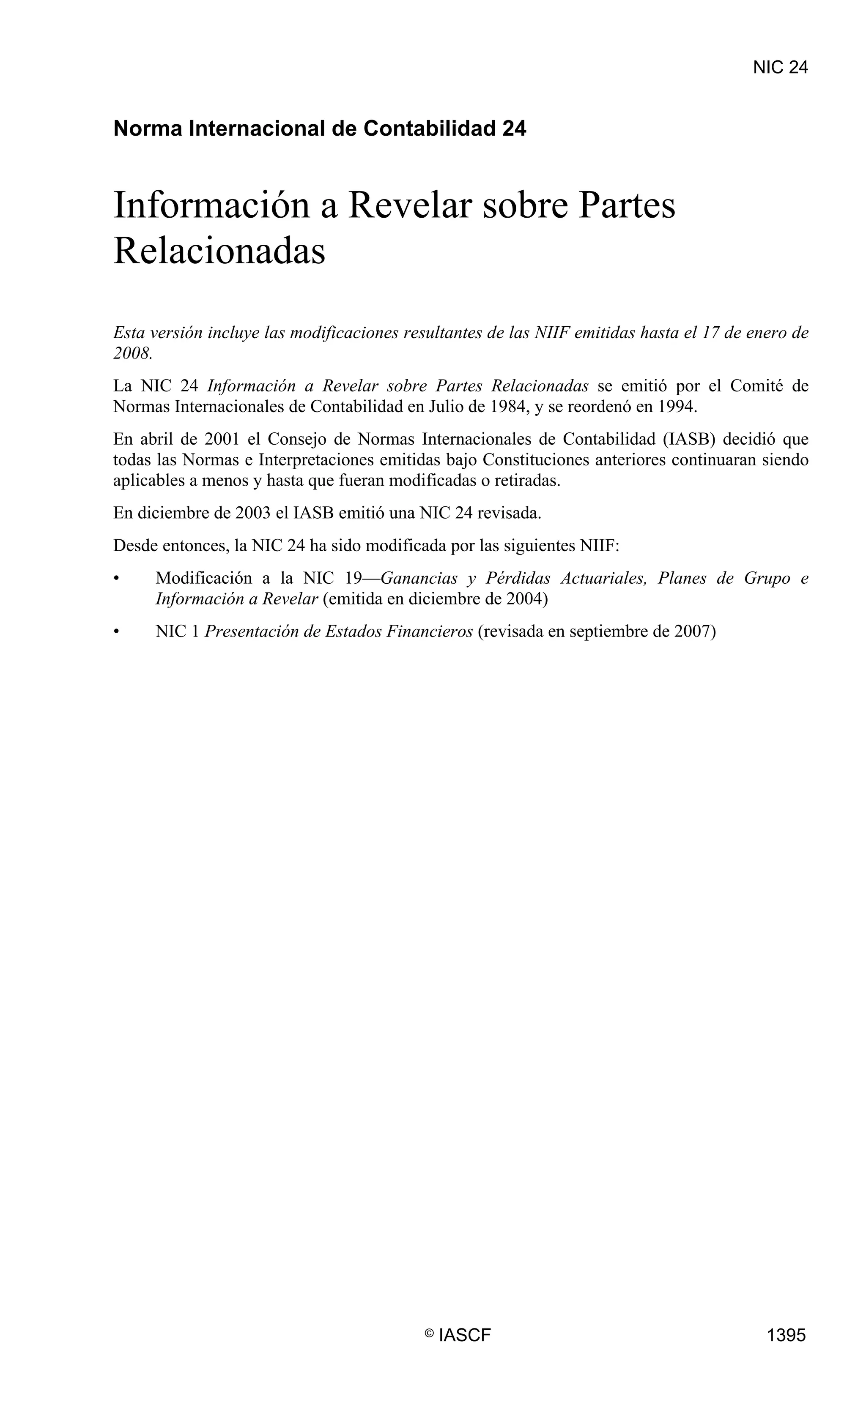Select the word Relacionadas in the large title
[219, 251]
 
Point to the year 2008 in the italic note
[132, 353]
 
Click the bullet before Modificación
[117, 579]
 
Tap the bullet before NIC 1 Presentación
[117, 632]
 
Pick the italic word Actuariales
[604, 578]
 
